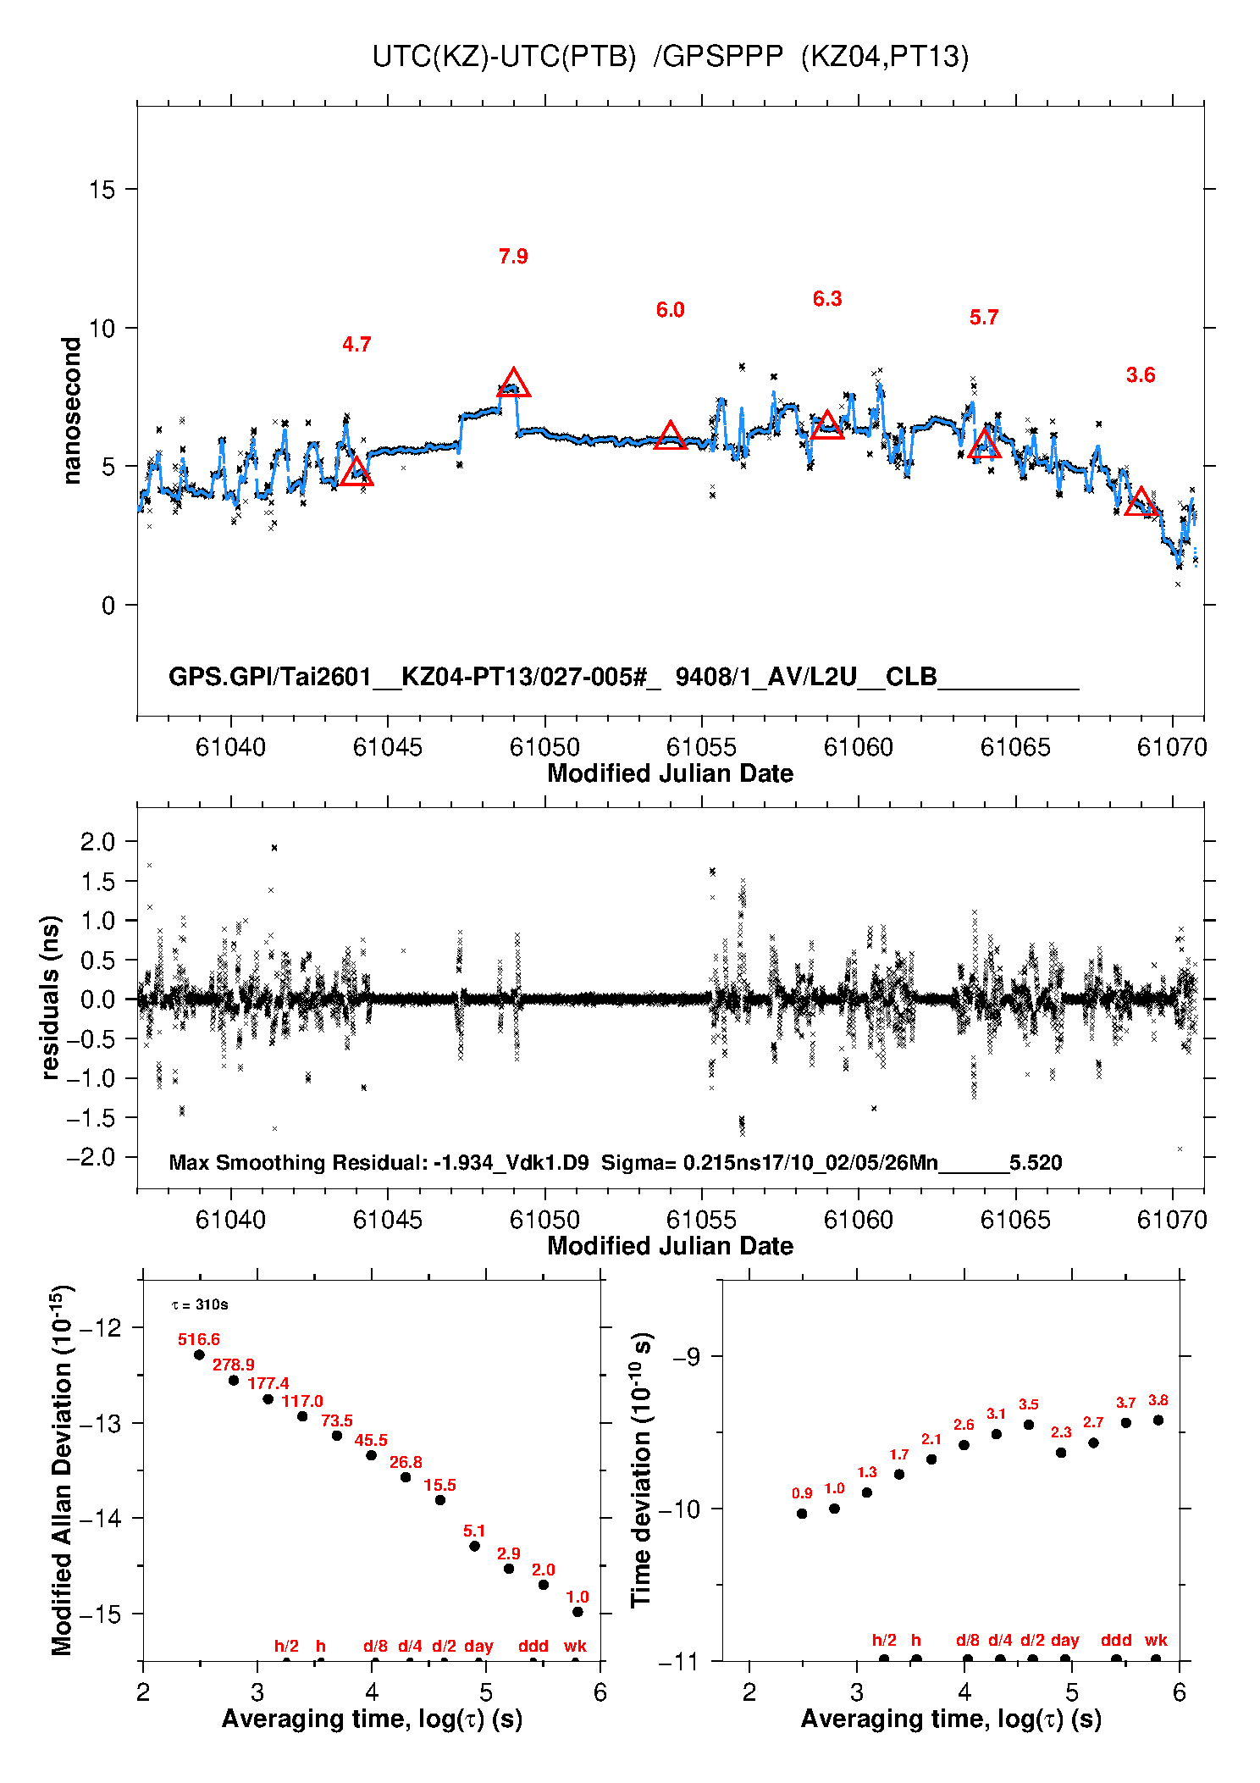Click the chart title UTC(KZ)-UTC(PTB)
[504, 57]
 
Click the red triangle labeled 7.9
[513, 384]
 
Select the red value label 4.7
[356, 344]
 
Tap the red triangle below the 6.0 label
[670, 436]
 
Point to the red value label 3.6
[1141, 375]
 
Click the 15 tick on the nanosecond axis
[102, 190]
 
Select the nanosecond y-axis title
[72, 411]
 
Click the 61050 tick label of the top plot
[544, 747]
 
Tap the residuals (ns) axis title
[51, 997]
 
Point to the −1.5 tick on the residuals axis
[91, 1118]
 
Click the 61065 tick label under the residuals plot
[1015, 1220]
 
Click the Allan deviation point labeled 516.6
[199, 1354]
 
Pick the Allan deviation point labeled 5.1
[474, 1546]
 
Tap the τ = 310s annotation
[200, 1304]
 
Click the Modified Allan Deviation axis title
[62, 1470]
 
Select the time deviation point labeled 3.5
[1029, 1425]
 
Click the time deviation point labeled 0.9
[802, 1514]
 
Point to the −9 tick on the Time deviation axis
[685, 1357]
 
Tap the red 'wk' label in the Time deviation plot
[1156, 1640]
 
